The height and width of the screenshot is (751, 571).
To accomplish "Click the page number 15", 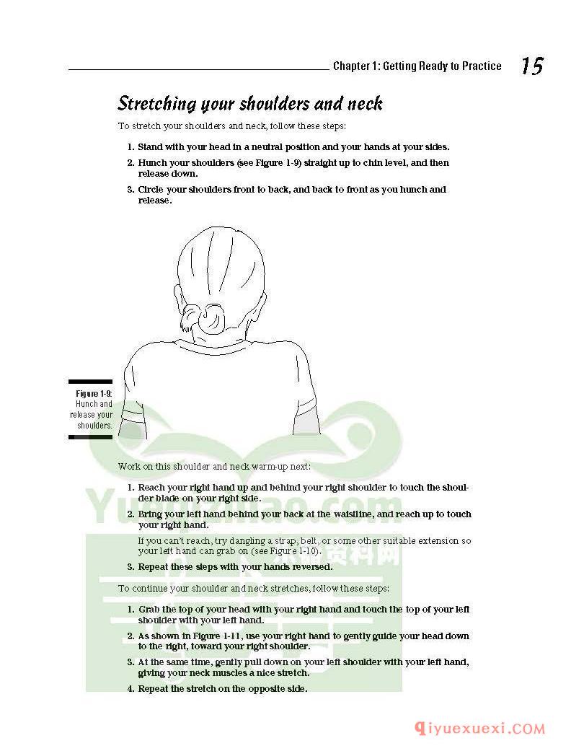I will click(532, 66).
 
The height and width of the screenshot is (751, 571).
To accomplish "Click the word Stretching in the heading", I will click(156, 104).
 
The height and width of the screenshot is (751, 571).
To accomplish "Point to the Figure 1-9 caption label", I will click(94, 393).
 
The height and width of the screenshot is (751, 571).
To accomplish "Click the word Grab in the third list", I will click(149, 610).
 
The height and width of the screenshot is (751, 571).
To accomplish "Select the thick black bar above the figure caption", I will click(90, 382).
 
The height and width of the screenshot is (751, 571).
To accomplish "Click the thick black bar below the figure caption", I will click(90, 436).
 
